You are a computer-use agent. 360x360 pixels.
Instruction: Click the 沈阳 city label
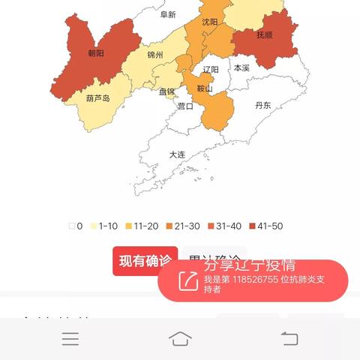point(210,22)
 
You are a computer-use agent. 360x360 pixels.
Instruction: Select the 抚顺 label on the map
point(265,35)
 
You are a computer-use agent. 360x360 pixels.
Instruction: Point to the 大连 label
point(177,154)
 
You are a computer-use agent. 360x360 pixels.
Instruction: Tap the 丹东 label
point(263,106)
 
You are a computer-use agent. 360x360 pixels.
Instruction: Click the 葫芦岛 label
point(98,98)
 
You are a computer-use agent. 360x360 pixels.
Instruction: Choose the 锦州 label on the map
point(155,55)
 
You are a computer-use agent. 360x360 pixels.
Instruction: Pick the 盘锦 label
point(166,91)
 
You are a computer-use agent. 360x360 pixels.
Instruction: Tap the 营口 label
point(184,106)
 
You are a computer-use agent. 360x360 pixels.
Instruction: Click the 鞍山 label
point(205,88)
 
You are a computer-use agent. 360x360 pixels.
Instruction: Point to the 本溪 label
point(241,67)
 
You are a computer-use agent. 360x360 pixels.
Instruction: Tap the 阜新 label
point(168,14)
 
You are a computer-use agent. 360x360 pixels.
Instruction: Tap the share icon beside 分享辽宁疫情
point(187,281)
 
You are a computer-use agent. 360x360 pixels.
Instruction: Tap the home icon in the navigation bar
point(180,338)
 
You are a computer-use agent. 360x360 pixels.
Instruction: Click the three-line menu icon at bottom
point(70,339)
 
